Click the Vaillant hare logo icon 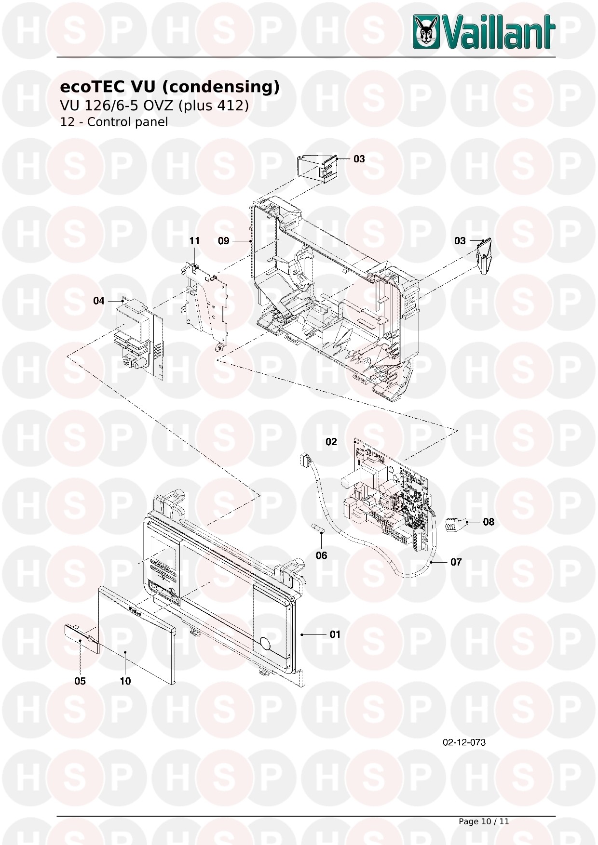426,32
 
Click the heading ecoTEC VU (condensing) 169,87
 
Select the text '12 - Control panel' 114,122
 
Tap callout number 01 335,634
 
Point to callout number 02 331,442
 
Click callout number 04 99,301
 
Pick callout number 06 321,555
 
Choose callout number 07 456,562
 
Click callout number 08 489,522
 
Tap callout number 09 223,241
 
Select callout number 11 194,241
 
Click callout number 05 80,681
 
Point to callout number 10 125,681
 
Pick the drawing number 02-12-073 464,742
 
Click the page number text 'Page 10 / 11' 484,821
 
